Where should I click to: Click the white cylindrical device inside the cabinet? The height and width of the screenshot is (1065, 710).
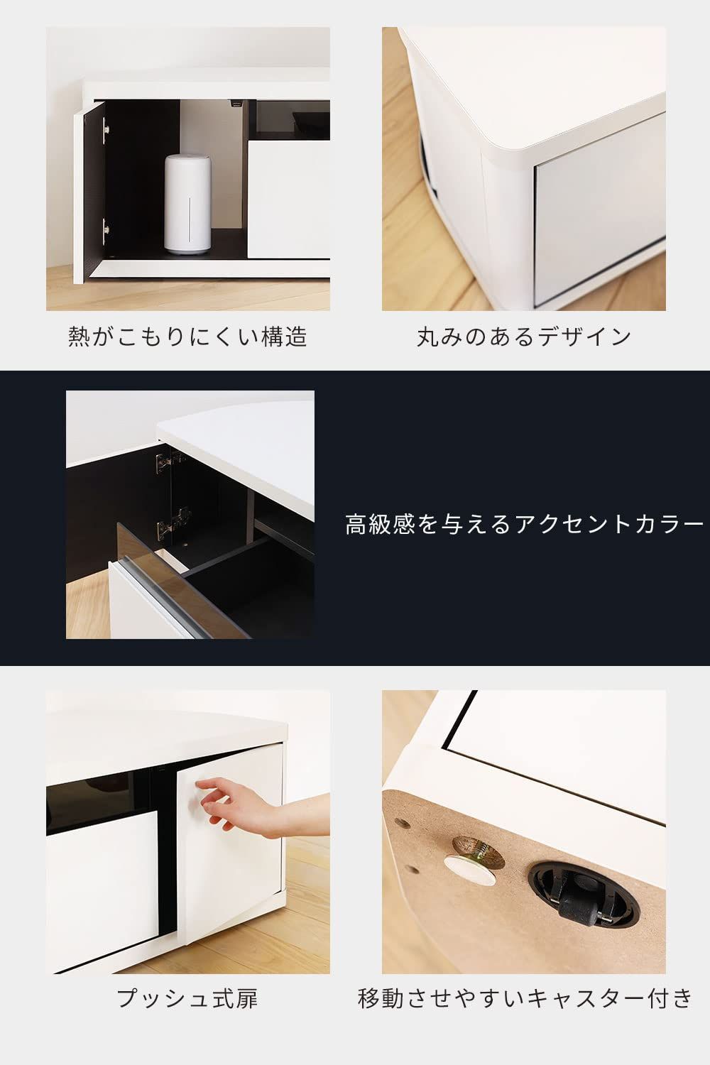(x=187, y=204)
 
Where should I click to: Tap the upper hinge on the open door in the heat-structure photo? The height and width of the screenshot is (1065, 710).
(x=105, y=129)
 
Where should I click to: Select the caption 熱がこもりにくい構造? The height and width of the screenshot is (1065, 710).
(x=187, y=336)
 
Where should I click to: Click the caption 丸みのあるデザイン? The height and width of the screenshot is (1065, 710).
(x=523, y=337)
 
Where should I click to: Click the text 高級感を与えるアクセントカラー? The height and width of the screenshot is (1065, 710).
(x=523, y=524)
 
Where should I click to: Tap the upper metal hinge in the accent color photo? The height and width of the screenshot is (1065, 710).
(x=168, y=463)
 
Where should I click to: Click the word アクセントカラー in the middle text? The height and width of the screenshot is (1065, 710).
(x=608, y=524)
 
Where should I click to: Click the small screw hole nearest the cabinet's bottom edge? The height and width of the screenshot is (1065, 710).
(x=413, y=870)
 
